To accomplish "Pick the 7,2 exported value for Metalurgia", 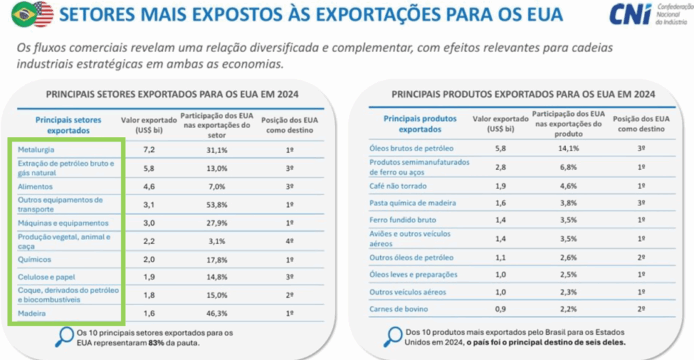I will pyautogui.click(x=149, y=148).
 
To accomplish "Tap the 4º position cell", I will pyautogui.click(x=289, y=241).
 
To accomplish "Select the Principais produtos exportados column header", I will pyautogui.click(x=420, y=123).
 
